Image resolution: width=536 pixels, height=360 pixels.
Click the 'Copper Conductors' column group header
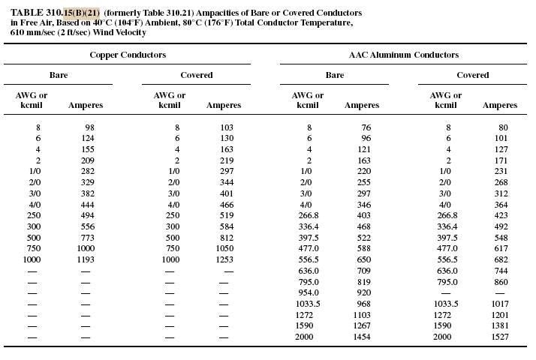128,55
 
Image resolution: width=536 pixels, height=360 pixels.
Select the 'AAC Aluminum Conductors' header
404,55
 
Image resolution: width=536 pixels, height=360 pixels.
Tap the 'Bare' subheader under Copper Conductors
59,75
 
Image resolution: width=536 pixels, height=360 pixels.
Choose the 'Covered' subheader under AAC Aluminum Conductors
473,75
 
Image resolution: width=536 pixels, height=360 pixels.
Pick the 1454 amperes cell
360,337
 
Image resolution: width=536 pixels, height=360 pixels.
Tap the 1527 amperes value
498,337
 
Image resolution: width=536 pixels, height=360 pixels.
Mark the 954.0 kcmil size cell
307,292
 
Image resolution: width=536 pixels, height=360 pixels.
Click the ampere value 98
89,127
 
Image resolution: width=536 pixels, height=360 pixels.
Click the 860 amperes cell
501,281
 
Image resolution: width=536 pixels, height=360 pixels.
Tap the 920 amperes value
363,292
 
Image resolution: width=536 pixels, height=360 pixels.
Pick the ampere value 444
87,204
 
